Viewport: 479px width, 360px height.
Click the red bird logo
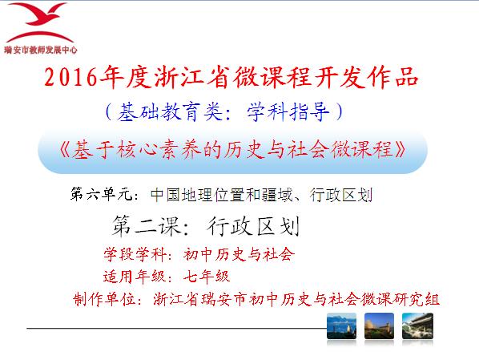[x=40, y=22]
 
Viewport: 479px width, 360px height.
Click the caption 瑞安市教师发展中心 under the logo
[x=41, y=50]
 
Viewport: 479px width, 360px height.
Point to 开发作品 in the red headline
[x=366, y=77]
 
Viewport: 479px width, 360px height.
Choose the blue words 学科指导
[x=288, y=112]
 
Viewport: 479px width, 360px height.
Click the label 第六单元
[x=102, y=194]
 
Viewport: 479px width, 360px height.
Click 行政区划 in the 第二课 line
[x=253, y=226]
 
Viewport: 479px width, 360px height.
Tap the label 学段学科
[x=135, y=254]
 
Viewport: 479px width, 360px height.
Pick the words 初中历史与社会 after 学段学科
[x=239, y=254]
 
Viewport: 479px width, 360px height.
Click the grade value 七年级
[x=207, y=277]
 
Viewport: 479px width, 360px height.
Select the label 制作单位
[x=104, y=299]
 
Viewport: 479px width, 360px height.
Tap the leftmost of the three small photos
[x=341, y=326]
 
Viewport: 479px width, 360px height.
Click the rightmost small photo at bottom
[x=417, y=326]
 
